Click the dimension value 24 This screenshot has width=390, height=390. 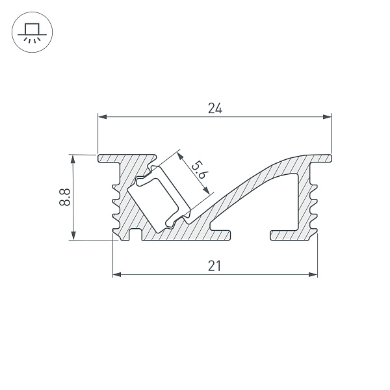pyautogui.click(x=215, y=109)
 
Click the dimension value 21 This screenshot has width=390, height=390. pyautogui.click(x=215, y=265)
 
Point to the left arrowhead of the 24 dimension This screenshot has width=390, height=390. pyautogui.click(x=102, y=118)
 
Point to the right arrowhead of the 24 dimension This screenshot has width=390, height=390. pyautogui.click(x=328, y=118)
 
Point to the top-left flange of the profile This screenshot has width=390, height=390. pyautogui.click(x=110, y=158)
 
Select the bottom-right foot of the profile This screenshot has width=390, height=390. pyautogui.click(x=292, y=235)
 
